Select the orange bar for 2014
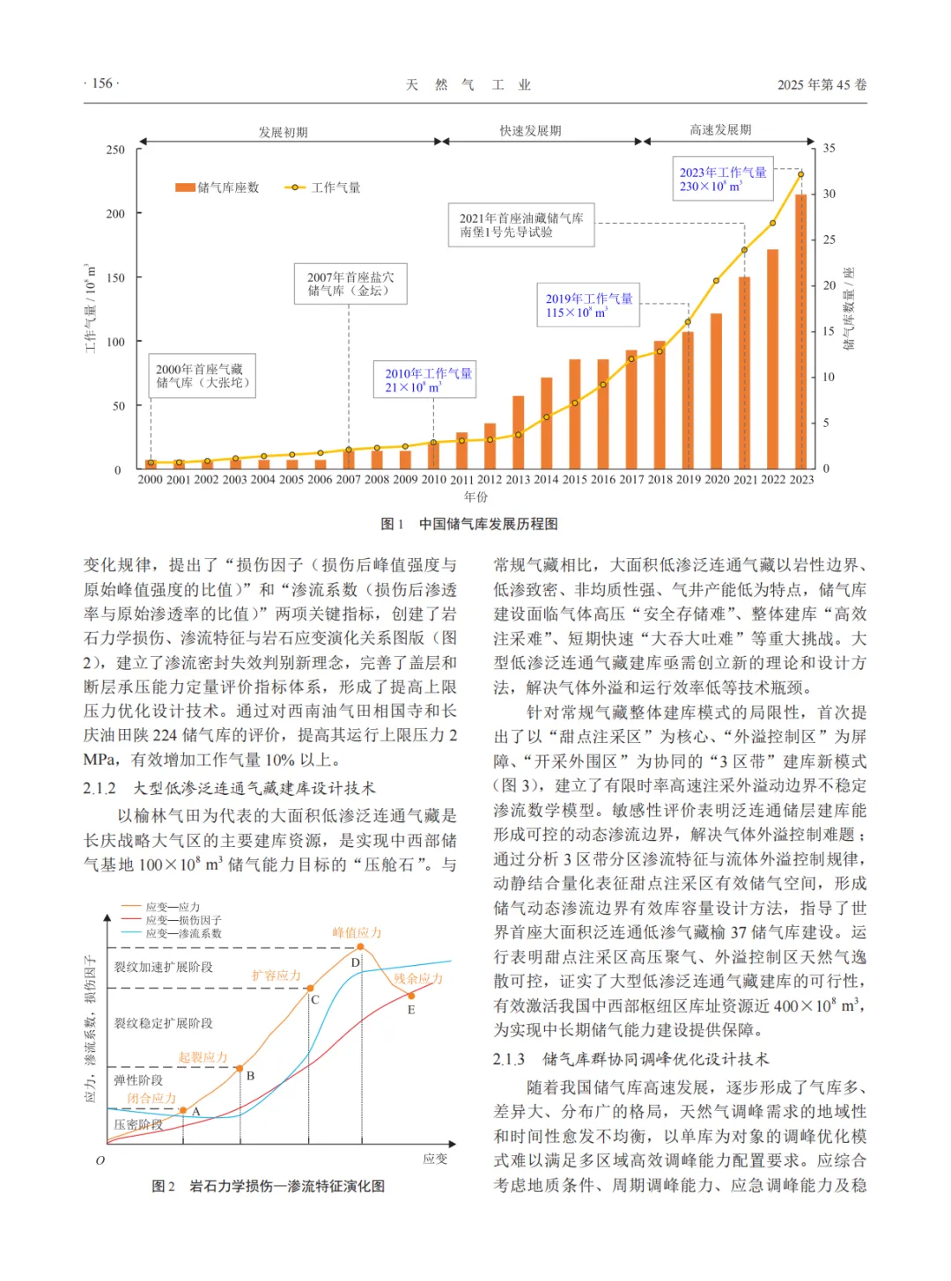coord(547,423)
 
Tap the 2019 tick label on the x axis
coord(688,480)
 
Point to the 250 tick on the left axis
coord(115,150)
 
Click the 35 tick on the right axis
coord(829,148)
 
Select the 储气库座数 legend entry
coord(217,188)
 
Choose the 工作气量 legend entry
coord(323,188)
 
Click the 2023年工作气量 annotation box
coord(722,179)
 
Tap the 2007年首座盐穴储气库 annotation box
coord(350,283)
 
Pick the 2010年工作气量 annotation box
coord(428,379)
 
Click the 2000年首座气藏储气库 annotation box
coord(203,376)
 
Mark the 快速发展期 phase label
coord(530,131)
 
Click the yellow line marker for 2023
coord(801,174)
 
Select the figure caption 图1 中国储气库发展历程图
coord(469,524)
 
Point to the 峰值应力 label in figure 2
coord(357,932)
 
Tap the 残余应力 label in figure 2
coord(417,978)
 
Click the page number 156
coord(102,84)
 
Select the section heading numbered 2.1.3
coord(631,1059)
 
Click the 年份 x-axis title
coord(475,497)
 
